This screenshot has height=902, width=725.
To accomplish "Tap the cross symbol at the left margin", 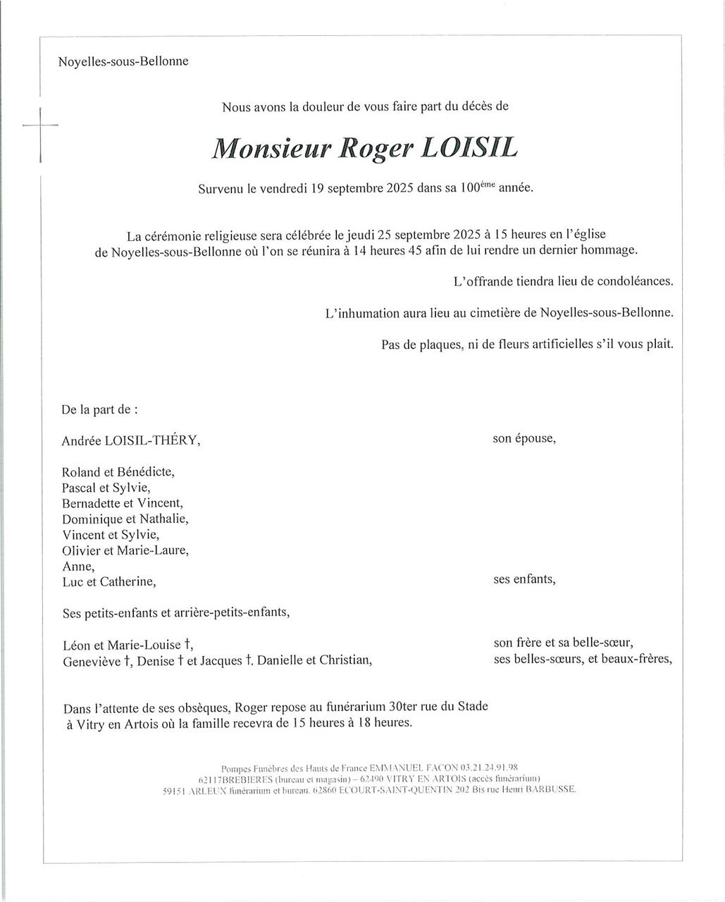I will pos(40,127).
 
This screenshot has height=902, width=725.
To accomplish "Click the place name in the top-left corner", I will pos(123,61).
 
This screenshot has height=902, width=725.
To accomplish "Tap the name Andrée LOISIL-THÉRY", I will pos(130,441).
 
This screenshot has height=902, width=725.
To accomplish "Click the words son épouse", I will pos(523,438).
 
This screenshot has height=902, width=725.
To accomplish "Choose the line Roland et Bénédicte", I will pos(118,472).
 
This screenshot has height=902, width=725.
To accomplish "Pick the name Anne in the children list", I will pos(78,567).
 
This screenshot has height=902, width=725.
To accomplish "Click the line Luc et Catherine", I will pos(109,582).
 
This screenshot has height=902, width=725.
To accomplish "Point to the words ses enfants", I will pos(524,580).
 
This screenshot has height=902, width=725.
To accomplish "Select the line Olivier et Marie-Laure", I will pos(125,551).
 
